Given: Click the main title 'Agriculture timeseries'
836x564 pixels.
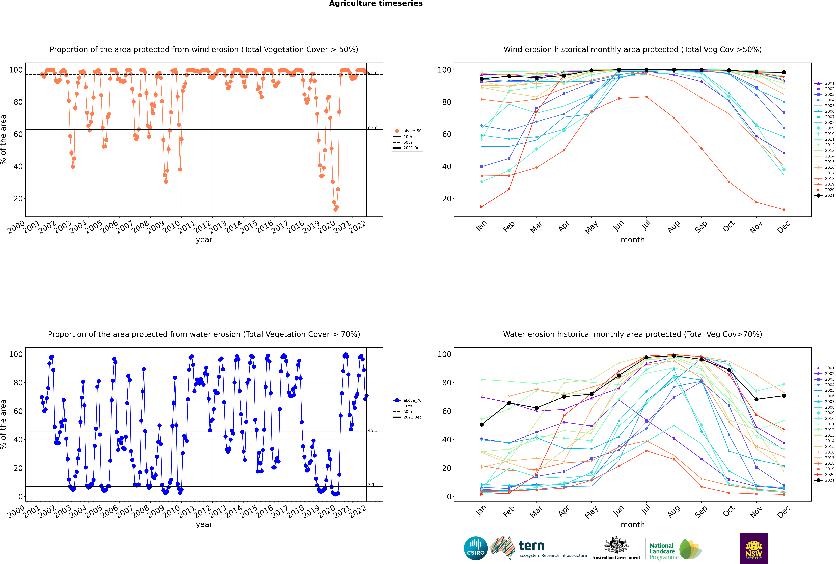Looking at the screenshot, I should point(376,4).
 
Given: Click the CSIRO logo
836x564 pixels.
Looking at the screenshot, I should point(475,548).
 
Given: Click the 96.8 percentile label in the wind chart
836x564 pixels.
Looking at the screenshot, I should point(373,73).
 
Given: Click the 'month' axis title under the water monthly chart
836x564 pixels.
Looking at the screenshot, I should point(633,524).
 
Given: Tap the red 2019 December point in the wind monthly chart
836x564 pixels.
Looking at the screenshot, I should point(784,210).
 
